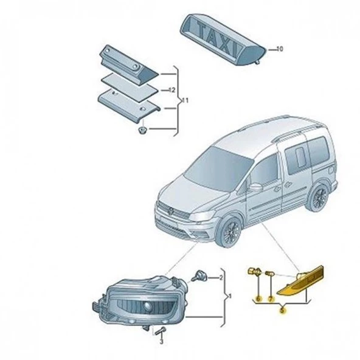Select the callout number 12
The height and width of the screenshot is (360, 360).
pos(173,89)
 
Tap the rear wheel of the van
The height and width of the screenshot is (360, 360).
pos(318,198)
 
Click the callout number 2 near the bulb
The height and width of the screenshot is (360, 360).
pos(221,277)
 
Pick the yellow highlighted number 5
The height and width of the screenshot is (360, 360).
pos(282,310)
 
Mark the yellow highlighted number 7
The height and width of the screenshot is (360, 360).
pos(270,299)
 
